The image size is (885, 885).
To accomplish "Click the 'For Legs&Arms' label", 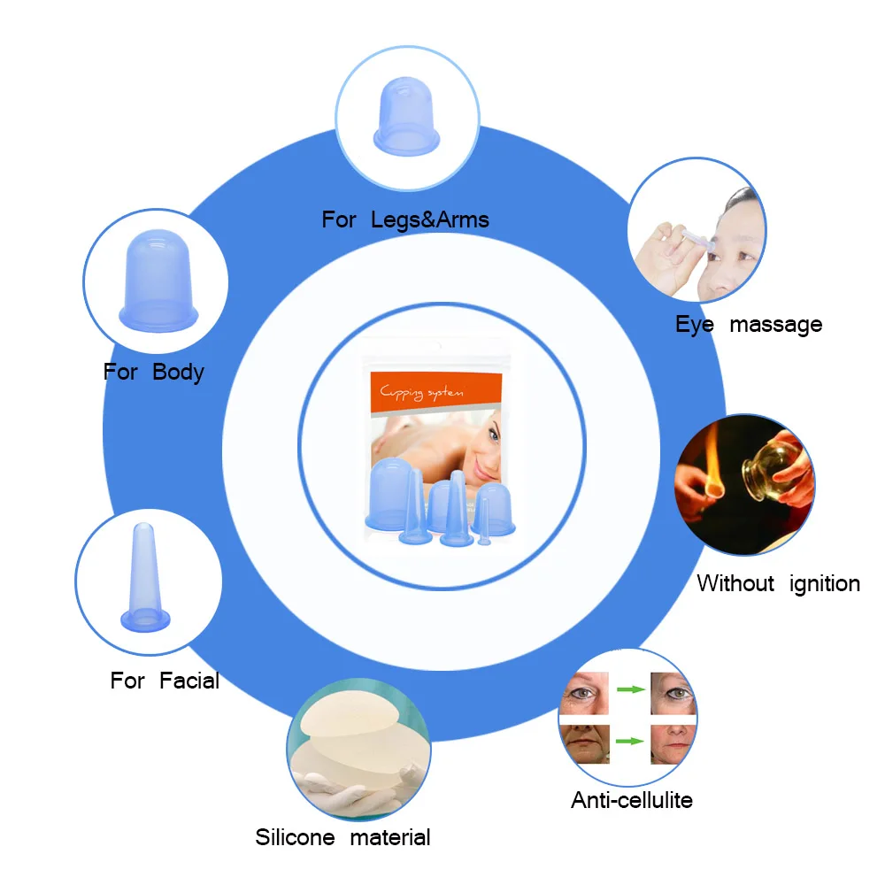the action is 405,219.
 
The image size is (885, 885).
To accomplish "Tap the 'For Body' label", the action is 153,372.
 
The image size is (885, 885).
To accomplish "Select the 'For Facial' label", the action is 165,680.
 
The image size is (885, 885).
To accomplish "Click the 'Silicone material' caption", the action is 342,837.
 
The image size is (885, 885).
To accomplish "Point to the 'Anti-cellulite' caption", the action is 632,800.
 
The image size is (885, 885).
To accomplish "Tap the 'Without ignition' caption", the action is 778,583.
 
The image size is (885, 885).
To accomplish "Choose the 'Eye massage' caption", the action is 749,325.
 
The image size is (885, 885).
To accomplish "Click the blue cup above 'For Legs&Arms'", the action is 406,116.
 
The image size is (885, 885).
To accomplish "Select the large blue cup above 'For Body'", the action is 158,281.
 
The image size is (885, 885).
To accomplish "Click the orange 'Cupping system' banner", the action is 435,392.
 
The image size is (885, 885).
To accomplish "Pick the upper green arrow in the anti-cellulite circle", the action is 630,689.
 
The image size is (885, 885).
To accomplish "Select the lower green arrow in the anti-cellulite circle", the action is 630,741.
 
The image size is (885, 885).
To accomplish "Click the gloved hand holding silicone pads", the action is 344,791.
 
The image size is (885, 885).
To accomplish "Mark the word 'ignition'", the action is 825,583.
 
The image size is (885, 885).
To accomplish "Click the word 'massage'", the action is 776,325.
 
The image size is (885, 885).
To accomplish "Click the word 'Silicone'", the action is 296,837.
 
